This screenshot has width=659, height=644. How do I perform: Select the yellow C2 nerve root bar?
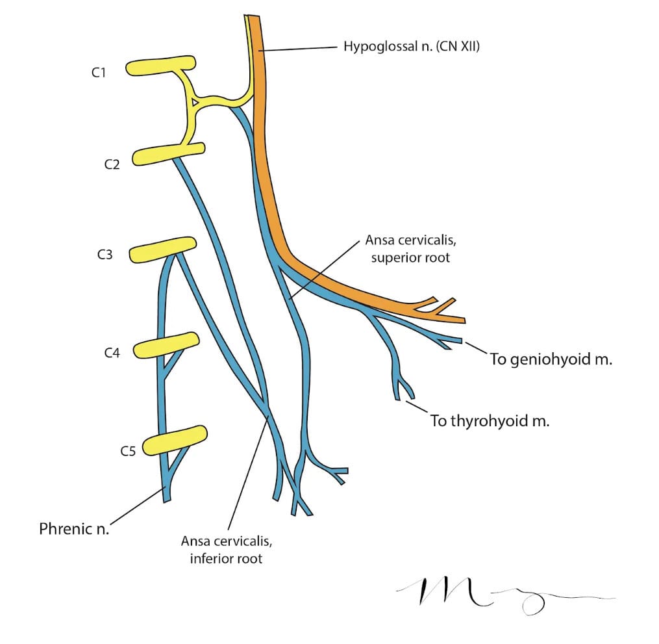166,155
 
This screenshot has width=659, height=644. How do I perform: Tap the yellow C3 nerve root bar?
162,250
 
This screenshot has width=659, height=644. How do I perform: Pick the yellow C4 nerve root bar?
165,344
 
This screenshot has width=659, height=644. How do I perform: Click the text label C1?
98,73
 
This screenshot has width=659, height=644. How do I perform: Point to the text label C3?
104,255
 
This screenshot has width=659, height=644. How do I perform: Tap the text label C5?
128,450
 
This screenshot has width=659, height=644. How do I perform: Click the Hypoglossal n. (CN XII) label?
411,47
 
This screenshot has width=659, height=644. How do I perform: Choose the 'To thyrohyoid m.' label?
490,420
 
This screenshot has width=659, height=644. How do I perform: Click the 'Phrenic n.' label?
74,528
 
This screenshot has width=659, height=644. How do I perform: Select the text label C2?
112,164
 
